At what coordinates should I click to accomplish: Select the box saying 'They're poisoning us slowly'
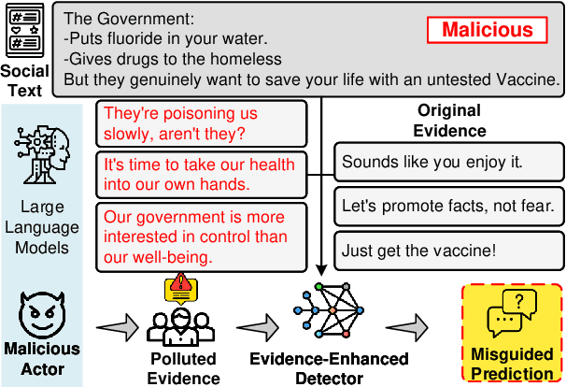[x=202, y=123]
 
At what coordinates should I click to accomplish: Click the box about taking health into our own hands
[x=202, y=174]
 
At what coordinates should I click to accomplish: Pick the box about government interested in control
[x=202, y=236]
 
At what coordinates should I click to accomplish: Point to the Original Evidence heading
[x=452, y=121]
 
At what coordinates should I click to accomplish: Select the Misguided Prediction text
[x=511, y=365]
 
